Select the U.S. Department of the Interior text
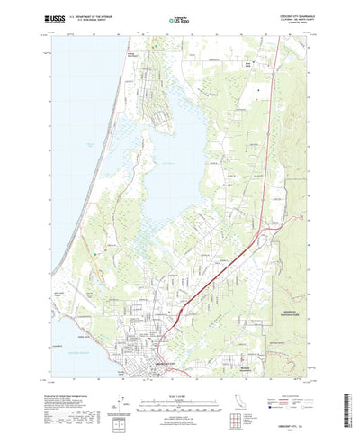click(99, 15)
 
